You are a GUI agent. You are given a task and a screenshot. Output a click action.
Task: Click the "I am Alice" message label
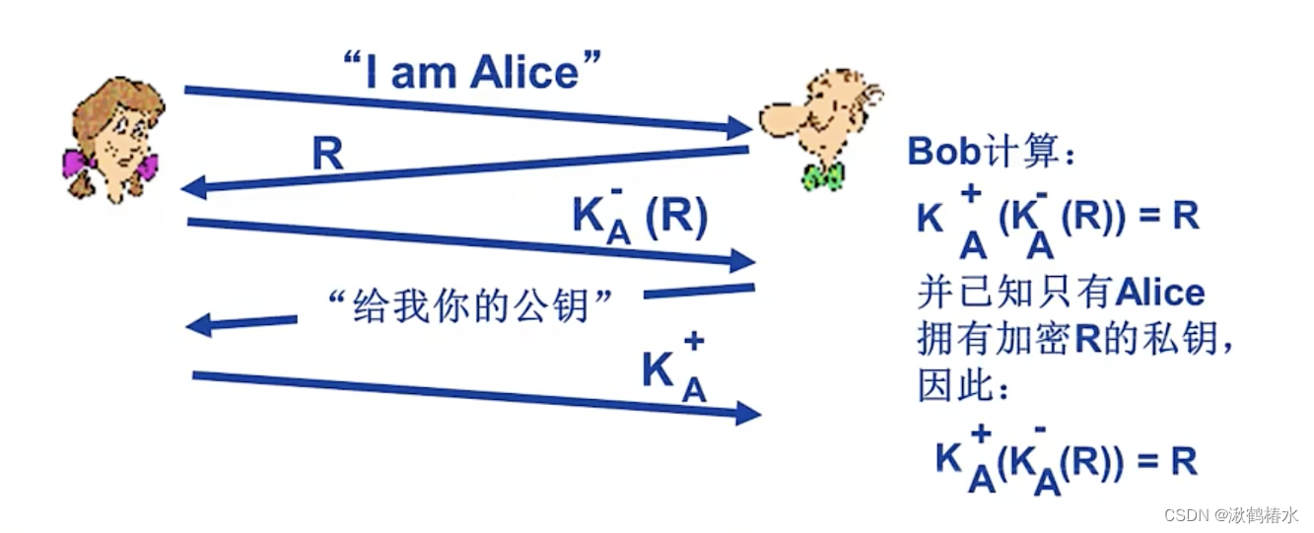[x=471, y=72]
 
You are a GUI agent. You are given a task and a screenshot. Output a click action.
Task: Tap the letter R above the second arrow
[x=327, y=155]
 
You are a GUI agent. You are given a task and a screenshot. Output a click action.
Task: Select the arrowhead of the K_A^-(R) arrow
[x=741, y=261]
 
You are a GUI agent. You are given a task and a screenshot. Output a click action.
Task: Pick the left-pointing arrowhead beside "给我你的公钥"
[x=198, y=323]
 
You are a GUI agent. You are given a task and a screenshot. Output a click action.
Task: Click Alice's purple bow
[x=76, y=162]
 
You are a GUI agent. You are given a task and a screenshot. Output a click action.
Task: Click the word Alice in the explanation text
[x=1160, y=293]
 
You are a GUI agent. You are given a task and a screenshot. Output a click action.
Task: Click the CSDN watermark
[x=1231, y=515]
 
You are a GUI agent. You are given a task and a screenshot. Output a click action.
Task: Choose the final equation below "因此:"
[x=1066, y=461]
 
